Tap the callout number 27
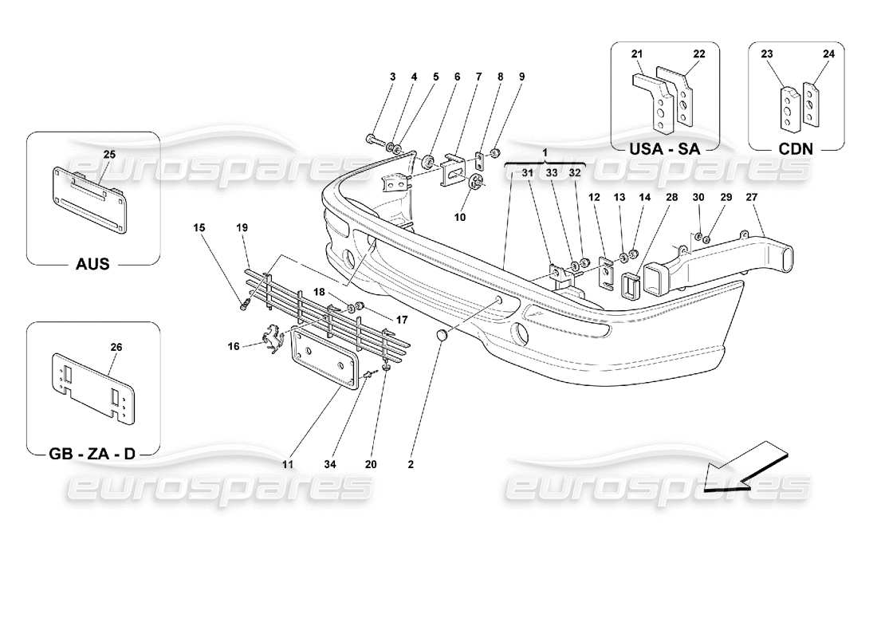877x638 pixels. (752, 197)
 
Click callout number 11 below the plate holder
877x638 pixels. (288, 463)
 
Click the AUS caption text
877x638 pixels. (92, 264)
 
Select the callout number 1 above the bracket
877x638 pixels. (545, 152)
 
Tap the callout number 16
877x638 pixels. (234, 345)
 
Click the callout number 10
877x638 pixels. (460, 216)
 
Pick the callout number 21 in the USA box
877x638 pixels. (637, 53)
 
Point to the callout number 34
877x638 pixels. (346, 463)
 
